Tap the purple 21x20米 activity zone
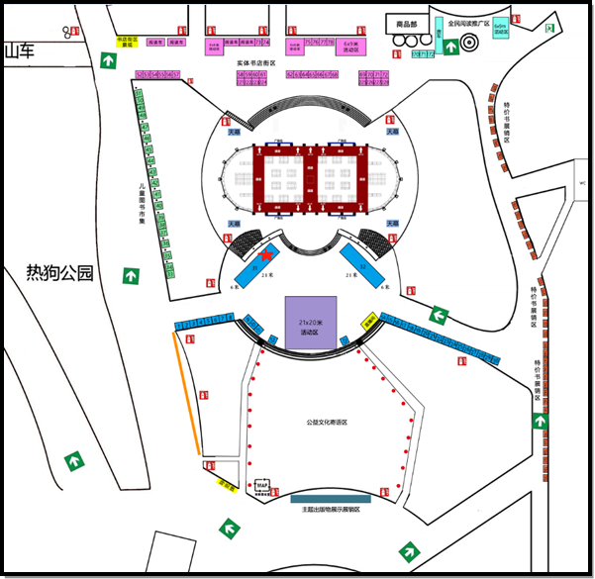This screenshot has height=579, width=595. click(311, 322)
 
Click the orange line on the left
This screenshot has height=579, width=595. click(188, 394)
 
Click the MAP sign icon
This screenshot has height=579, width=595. click(262, 485)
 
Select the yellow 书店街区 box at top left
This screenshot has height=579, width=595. click(126, 42)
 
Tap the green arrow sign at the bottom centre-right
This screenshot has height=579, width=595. click(407, 550)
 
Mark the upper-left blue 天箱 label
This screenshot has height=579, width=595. click(236, 132)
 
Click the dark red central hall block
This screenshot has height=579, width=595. click(311, 178)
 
